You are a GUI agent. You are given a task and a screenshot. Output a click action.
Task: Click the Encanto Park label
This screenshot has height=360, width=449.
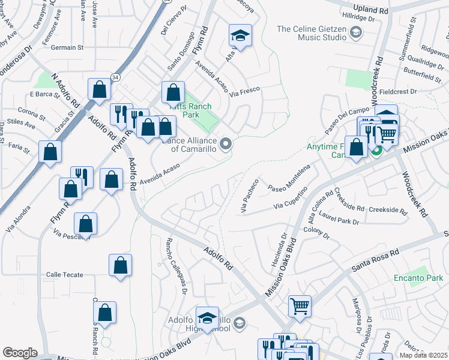pyautogui.click(x=418, y=278)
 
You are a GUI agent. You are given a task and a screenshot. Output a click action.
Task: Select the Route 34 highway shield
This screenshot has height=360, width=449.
pyautogui.click(x=115, y=77)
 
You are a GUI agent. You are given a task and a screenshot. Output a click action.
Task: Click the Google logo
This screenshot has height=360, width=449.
pyautogui.click(x=20, y=353)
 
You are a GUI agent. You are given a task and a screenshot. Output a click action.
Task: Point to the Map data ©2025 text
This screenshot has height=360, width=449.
pyautogui.click(x=424, y=355)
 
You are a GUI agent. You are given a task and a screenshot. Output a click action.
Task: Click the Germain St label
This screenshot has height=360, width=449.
pyautogui.click(x=67, y=47)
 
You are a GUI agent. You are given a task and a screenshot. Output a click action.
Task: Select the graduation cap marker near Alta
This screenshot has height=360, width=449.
pyautogui.click(x=240, y=37)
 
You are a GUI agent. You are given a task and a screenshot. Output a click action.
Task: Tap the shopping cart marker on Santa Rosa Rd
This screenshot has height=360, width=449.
pyautogui.click(x=300, y=306)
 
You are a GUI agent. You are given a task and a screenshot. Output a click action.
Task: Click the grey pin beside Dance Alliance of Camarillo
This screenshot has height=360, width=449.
pyautogui.click(x=226, y=143)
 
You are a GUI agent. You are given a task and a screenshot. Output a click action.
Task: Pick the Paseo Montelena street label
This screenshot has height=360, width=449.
pyautogui.click(x=289, y=179)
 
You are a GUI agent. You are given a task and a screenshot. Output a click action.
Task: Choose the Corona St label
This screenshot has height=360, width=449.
pyautogui.click(x=31, y=112)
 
